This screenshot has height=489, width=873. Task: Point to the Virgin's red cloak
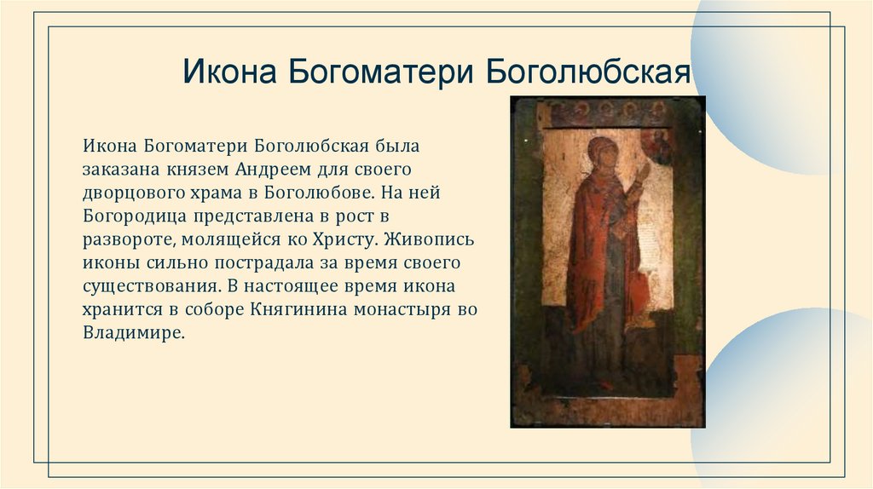tap(597, 256)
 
